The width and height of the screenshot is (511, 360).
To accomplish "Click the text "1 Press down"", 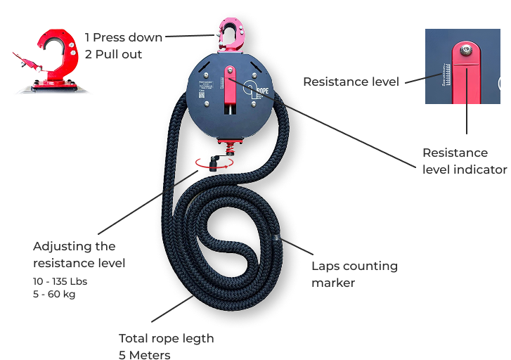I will [124, 37].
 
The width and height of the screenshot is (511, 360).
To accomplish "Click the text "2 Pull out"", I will [113, 53].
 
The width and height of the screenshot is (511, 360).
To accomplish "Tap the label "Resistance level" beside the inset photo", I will [351, 82].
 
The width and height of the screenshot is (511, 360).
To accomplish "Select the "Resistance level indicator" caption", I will [464, 161].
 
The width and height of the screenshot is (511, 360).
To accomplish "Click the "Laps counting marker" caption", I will [354, 274].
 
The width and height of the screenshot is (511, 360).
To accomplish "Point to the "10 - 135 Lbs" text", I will [60, 281].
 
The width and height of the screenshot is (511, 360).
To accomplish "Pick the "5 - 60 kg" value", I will [54, 294].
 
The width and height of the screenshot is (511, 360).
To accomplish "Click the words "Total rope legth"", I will [166, 339].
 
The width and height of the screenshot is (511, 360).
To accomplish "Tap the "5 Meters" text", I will [144, 354].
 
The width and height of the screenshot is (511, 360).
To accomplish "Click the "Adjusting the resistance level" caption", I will [79, 255].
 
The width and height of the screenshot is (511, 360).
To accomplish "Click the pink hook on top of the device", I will [229, 34].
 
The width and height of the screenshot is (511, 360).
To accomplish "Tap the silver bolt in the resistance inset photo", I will [464, 49].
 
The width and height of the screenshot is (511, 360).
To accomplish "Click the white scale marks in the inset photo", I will [447, 75].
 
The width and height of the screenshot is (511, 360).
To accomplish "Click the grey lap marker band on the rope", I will [278, 238].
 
